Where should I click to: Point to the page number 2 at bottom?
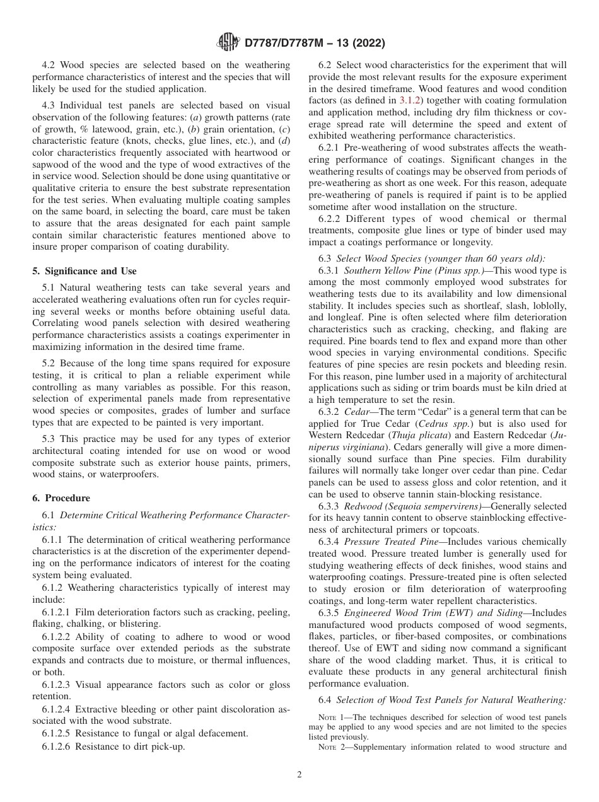[x=299, y=775]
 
